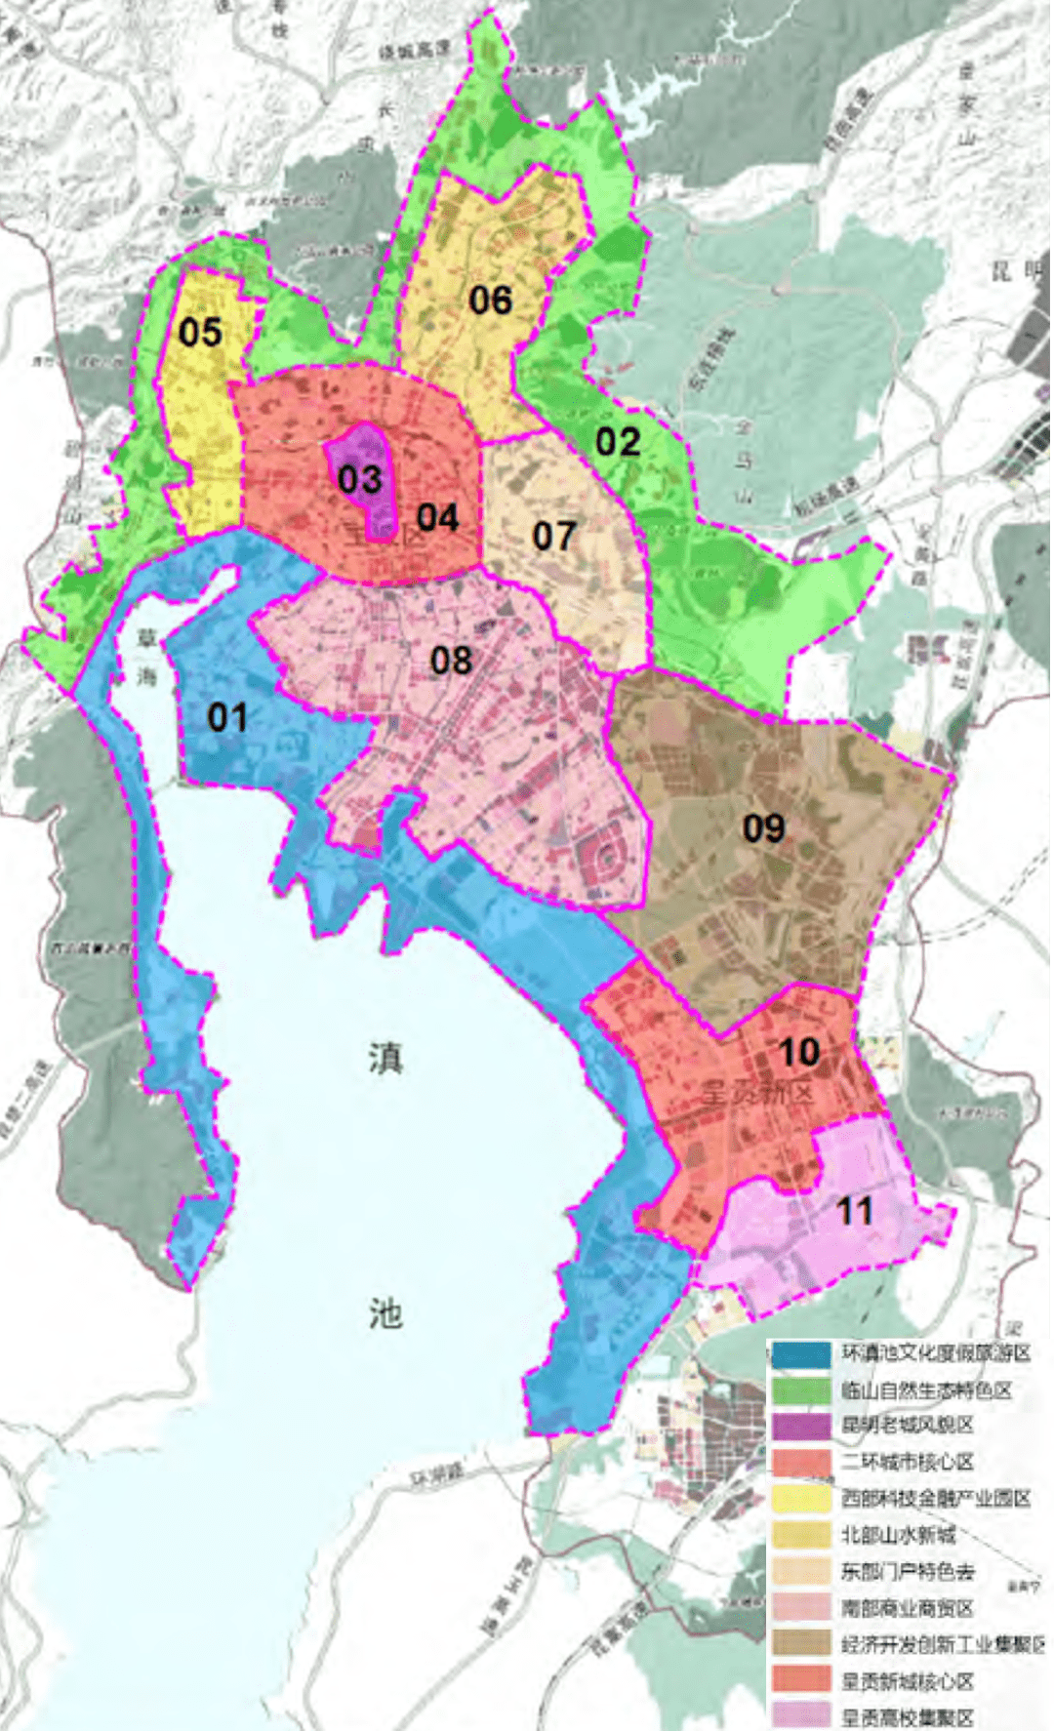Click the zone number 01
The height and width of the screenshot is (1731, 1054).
[227, 718]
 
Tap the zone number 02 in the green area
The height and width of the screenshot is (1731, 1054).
[618, 442]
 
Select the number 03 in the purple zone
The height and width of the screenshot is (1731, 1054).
[359, 479]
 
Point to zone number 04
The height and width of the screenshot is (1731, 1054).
[437, 517]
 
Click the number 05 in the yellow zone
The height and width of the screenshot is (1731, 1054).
[200, 333]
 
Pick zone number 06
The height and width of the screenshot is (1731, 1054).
[490, 301]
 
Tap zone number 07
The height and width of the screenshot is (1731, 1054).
[553, 536]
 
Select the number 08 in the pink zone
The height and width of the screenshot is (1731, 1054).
[451, 661]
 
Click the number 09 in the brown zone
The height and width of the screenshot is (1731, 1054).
[763, 828]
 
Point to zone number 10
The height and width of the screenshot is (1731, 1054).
[798, 1052]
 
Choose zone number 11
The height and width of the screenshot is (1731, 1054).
[854, 1212]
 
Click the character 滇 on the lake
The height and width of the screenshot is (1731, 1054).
[385, 1058]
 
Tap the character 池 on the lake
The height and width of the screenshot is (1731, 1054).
[385, 1313]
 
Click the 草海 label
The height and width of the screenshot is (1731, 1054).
[146, 657]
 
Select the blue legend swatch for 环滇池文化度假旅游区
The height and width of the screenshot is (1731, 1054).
[800, 1354]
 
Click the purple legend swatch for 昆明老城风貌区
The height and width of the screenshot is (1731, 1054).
[800, 1426]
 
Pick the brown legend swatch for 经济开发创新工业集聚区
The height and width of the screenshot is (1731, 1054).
[800, 1643]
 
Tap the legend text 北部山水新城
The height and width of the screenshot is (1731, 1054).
[898, 1535]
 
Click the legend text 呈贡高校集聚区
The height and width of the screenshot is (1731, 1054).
[908, 1715]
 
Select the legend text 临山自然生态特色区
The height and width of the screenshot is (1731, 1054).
[926, 1389]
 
